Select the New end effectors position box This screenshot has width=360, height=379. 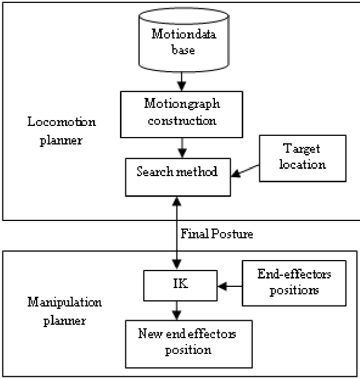[x=179, y=343]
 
